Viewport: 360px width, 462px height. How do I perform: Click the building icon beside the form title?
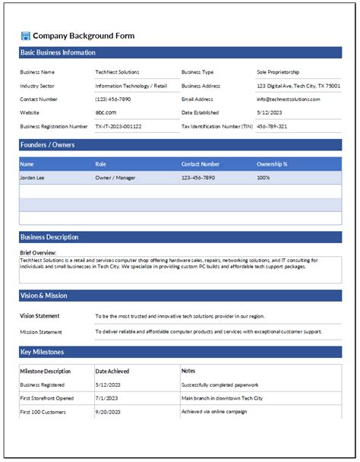click(25, 36)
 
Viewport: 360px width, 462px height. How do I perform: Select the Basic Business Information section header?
click(58, 52)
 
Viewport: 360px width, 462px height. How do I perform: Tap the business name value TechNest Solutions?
click(117, 72)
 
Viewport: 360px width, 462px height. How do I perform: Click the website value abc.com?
click(106, 112)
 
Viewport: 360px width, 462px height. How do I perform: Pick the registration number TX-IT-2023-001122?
click(118, 126)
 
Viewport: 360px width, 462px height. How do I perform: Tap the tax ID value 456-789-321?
click(272, 126)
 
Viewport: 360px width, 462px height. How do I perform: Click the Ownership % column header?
click(272, 163)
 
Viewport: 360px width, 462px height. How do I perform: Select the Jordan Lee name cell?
click(33, 177)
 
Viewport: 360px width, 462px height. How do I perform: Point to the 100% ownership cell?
click(264, 177)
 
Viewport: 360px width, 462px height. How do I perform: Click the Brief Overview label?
click(39, 253)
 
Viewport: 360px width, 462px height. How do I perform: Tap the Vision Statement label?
click(39, 315)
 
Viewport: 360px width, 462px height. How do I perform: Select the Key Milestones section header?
click(42, 352)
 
